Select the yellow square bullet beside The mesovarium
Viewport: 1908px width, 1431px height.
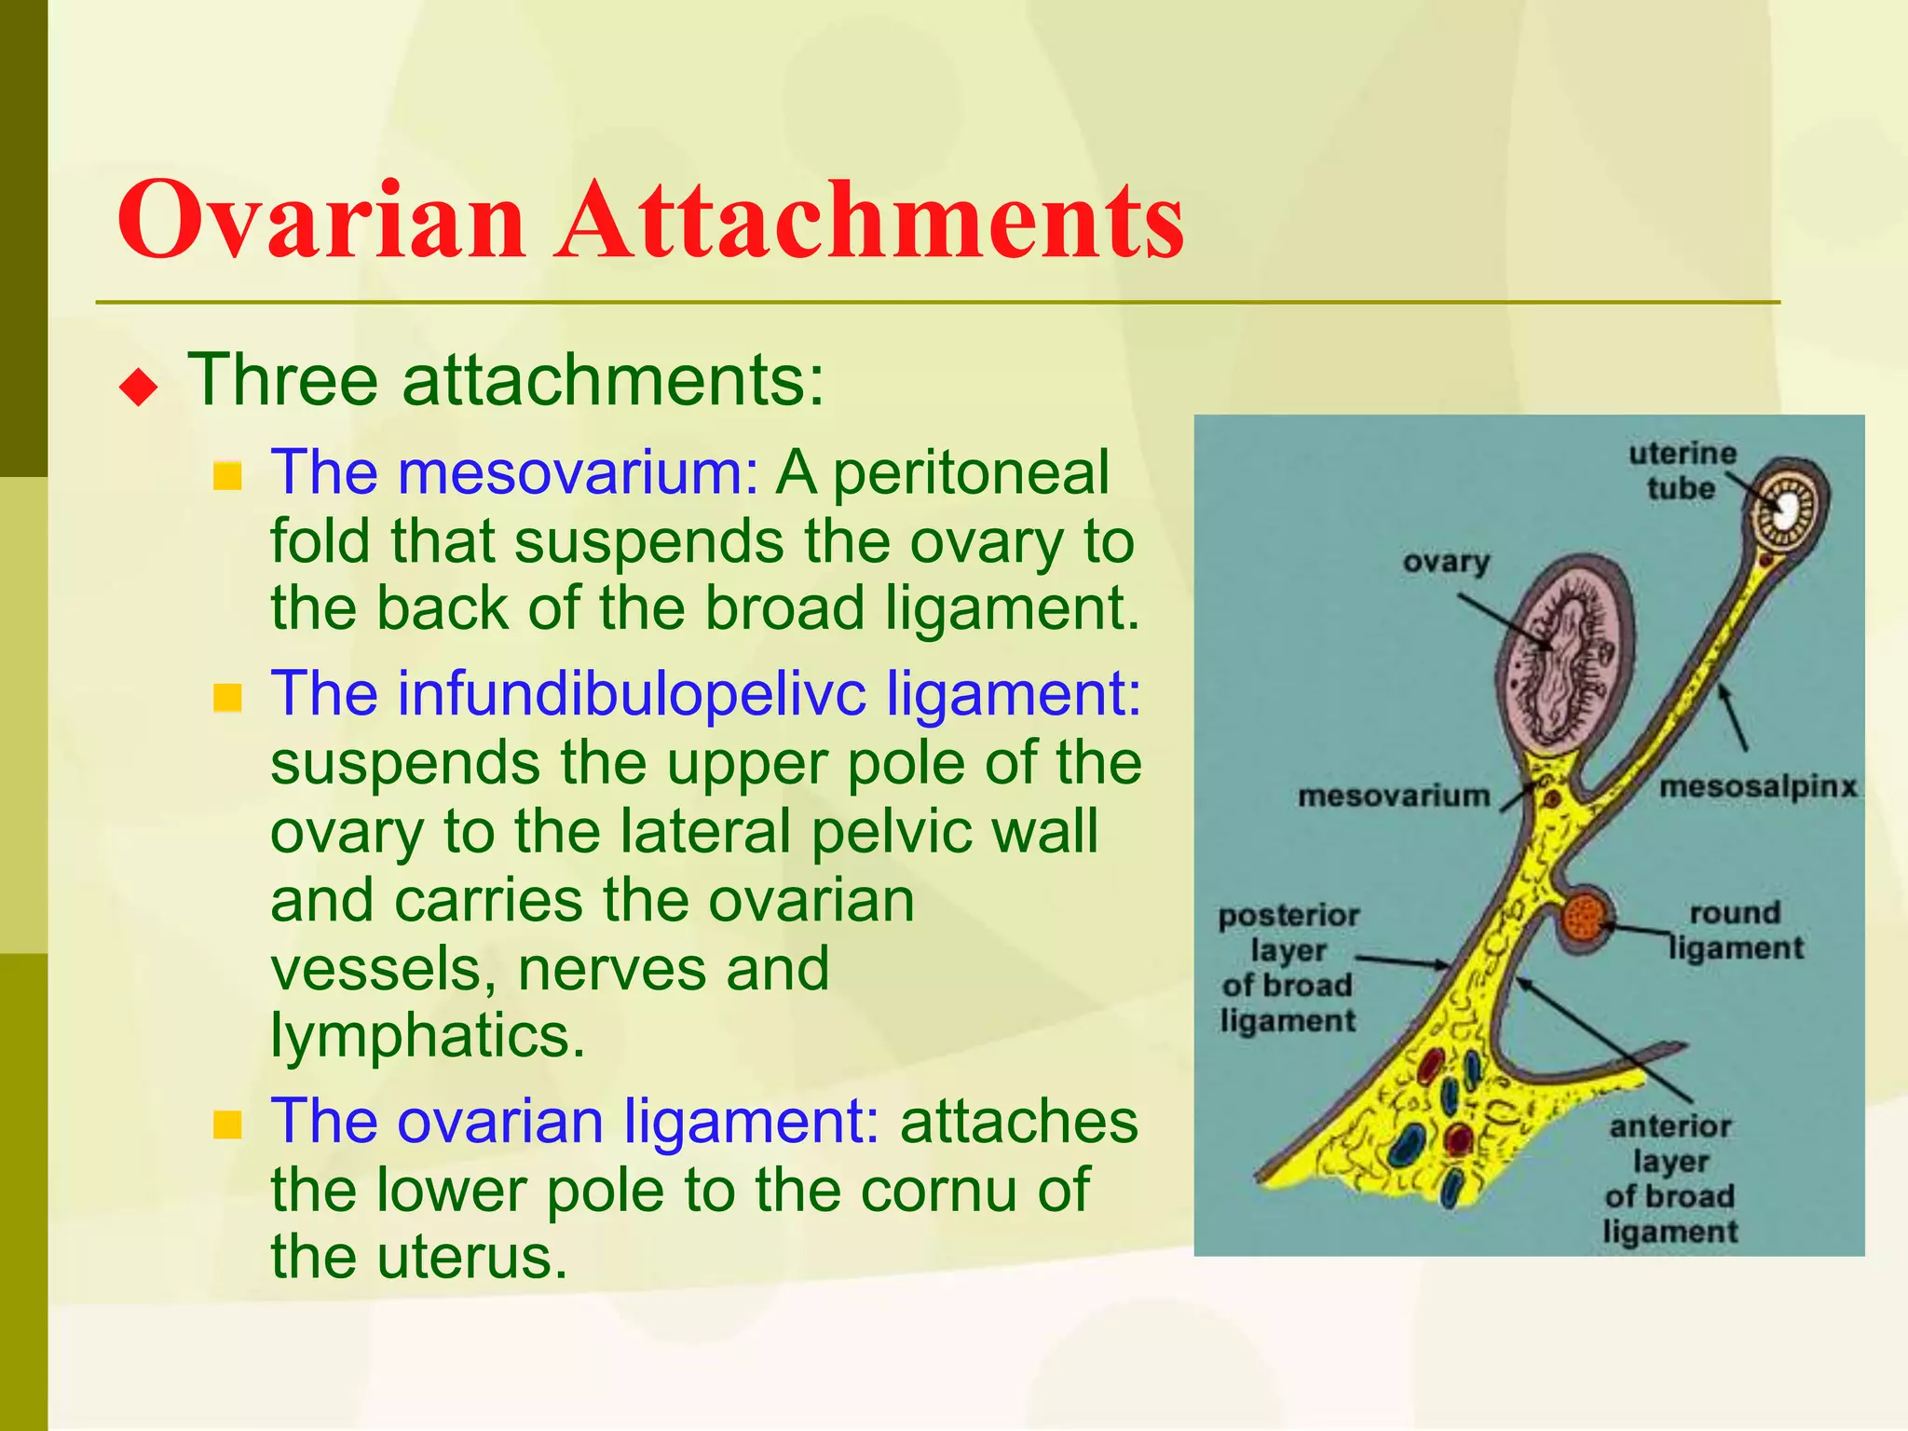(227, 477)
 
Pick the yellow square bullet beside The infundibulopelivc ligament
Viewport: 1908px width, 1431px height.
(227, 698)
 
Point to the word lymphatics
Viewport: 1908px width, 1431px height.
(428, 1035)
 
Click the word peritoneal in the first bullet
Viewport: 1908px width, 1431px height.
(971, 473)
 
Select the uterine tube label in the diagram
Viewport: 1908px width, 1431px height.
(1682, 470)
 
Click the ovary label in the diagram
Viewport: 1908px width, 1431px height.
(1446, 562)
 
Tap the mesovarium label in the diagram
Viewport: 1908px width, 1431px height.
(1394, 796)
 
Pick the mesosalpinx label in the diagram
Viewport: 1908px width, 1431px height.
(1757, 787)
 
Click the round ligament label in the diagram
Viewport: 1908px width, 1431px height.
(1735, 930)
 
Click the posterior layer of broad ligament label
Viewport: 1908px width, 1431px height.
(1288, 968)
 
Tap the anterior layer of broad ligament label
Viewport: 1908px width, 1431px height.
(1669, 1179)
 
